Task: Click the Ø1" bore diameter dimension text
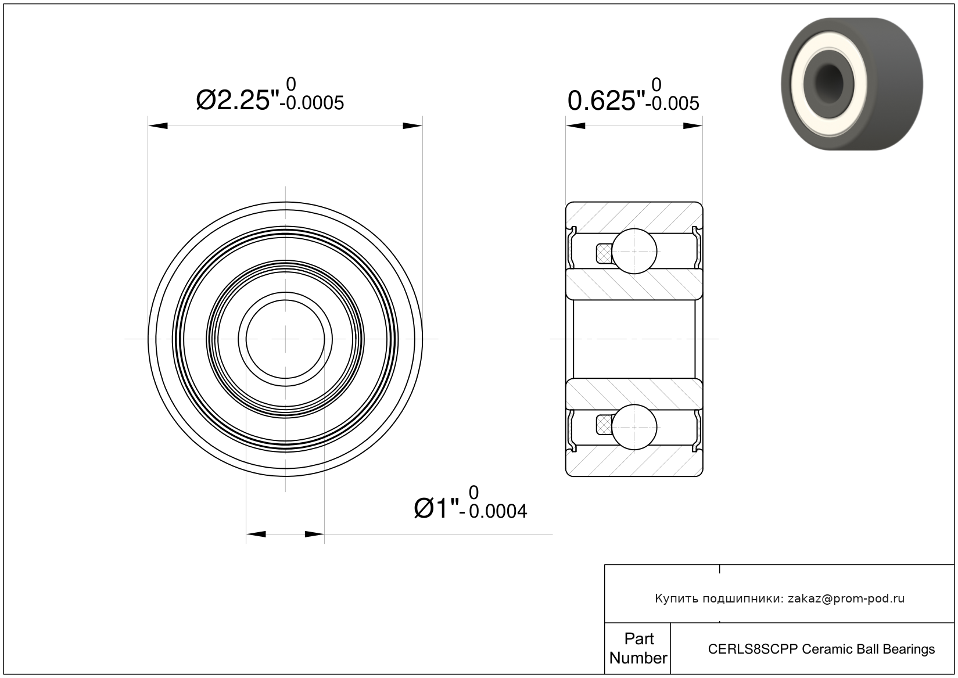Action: pyautogui.click(x=437, y=508)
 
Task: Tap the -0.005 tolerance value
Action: pyautogui.click(x=672, y=103)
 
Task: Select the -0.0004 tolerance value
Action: pyautogui.click(x=493, y=512)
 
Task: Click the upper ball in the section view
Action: pyautogui.click(x=634, y=251)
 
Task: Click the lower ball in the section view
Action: pyautogui.click(x=634, y=427)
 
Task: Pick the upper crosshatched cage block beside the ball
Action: pyautogui.click(x=604, y=253)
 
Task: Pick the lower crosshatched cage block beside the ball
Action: pyautogui.click(x=604, y=426)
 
